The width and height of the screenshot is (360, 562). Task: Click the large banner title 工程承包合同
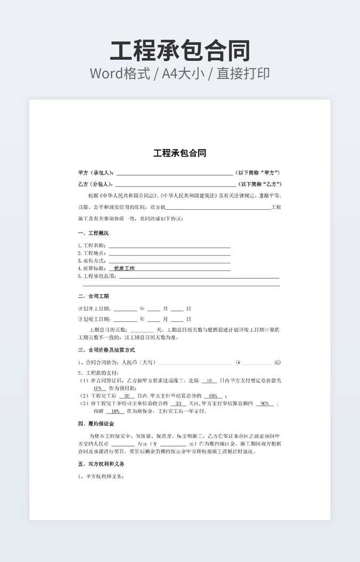[180, 51]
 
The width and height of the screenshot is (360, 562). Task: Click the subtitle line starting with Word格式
[180, 73]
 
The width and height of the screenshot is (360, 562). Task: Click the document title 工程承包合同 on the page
[180, 153]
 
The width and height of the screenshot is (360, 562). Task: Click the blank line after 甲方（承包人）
[175, 173]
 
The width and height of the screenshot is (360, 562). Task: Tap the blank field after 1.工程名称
[169, 246]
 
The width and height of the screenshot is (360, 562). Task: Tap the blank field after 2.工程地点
[169, 253]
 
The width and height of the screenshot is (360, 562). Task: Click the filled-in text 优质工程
[124, 269]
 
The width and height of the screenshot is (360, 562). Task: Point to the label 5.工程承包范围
[97, 276]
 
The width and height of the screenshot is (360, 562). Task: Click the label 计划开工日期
[94, 309]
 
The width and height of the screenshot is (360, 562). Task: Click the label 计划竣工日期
[94, 319]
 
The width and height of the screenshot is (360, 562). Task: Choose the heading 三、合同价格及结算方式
[107, 350]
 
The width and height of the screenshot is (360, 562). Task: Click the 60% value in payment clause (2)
[212, 396]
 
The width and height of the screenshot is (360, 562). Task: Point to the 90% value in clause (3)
[264, 403]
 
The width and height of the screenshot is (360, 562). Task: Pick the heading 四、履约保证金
[96, 424]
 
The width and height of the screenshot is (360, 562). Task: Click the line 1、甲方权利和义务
[101, 476]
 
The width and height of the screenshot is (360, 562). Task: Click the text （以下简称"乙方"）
[259, 184]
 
